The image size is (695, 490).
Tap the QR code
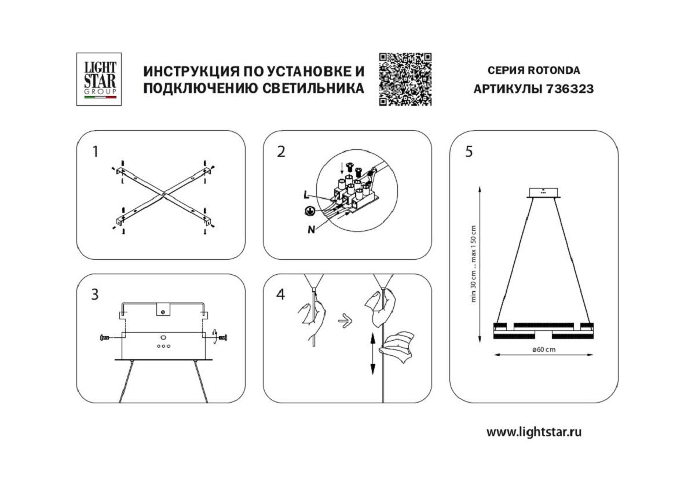[405, 79]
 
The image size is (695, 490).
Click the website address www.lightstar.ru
[533, 432]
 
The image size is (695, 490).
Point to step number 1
[95, 152]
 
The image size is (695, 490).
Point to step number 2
[281, 152]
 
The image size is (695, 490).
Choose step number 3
[95, 294]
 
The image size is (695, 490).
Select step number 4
[281, 294]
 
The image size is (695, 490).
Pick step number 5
[469, 152]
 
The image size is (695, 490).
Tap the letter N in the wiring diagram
[312, 229]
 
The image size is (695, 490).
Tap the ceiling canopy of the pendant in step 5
[543, 193]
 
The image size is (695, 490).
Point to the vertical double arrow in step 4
[372, 353]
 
